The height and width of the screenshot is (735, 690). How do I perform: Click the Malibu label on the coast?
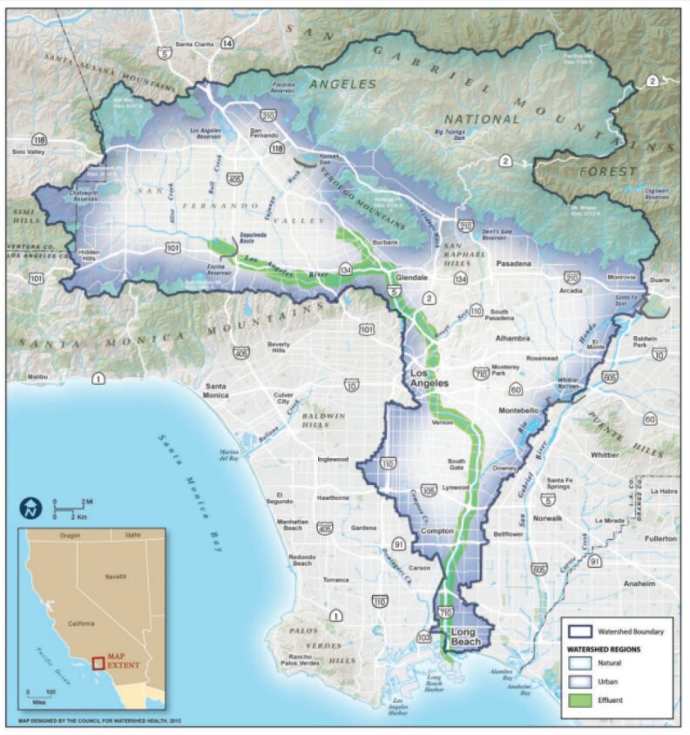[40, 377]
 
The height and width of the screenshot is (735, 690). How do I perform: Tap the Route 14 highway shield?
[227, 43]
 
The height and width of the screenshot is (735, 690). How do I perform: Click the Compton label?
[441, 529]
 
